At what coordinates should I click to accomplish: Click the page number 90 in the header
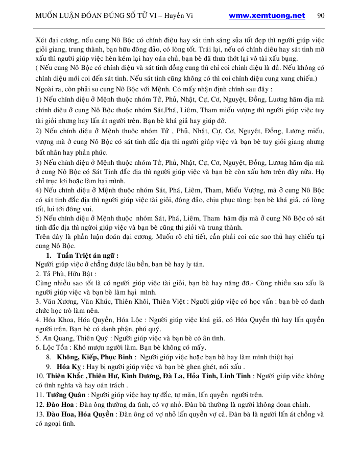tap(321, 15)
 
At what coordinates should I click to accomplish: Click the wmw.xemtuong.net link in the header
tap(267, 15)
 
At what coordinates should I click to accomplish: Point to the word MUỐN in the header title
tap(47, 15)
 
